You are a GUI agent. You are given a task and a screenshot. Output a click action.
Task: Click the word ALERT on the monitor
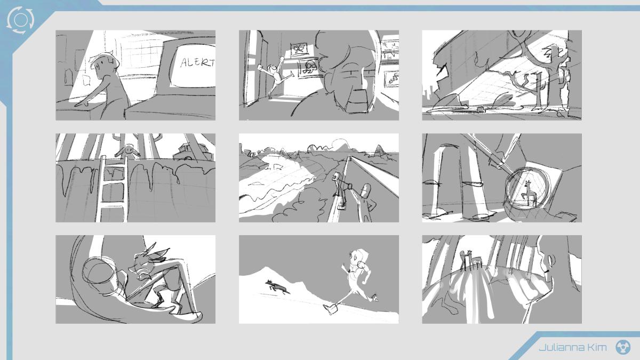pyautogui.click(x=197, y=62)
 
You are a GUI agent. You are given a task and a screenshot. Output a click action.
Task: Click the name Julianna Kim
pyautogui.click(x=573, y=347)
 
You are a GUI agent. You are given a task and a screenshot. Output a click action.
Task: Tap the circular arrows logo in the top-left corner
pyautogui.click(x=20, y=20)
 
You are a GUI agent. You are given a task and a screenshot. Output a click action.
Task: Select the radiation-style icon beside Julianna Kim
pyautogui.click(x=623, y=347)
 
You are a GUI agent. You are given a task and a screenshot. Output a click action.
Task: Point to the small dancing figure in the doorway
pyautogui.click(x=275, y=76)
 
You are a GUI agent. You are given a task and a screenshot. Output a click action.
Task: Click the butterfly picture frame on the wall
pyautogui.click(x=299, y=50)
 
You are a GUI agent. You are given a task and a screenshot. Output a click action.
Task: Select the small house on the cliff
pyautogui.click(x=192, y=152)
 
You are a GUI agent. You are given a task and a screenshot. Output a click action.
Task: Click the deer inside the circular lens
pyautogui.click(x=529, y=193)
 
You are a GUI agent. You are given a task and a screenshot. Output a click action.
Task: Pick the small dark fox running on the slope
pyautogui.click(x=277, y=287)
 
